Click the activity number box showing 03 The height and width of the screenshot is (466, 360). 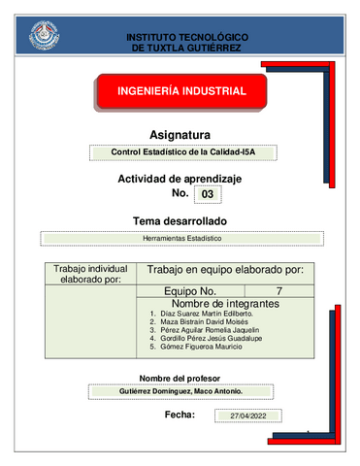pyautogui.click(x=207, y=195)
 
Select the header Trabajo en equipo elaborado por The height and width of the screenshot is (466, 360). pyautogui.click(x=225, y=269)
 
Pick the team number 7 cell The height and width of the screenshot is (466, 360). pyautogui.click(x=279, y=291)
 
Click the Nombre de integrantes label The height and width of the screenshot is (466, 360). pyautogui.click(x=225, y=305)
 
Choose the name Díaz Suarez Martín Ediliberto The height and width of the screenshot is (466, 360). pyautogui.click(x=207, y=316)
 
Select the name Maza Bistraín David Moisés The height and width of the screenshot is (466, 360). pyautogui.click(x=205, y=324)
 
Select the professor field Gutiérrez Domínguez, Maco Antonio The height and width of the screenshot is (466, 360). pyautogui.click(x=180, y=391)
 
